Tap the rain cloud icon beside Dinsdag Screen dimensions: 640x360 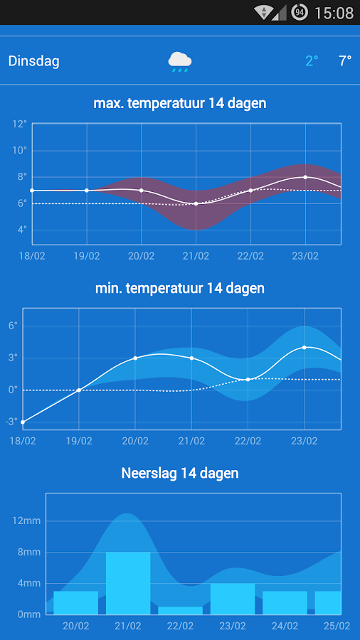pyautogui.click(x=179, y=62)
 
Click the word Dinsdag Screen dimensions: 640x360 pyautogui.click(x=33, y=61)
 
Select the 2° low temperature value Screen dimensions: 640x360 pyautogui.click(x=312, y=61)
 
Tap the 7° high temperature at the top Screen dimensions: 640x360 pyautogui.click(x=345, y=61)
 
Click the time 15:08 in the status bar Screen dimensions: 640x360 pyautogui.click(x=333, y=12)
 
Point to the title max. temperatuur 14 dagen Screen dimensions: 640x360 pyautogui.click(x=180, y=103)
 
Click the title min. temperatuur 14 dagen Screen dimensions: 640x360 pyautogui.click(x=180, y=288)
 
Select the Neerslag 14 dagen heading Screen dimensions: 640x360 pyautogui.click(x=180, y=473)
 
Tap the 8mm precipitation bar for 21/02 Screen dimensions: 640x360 pyautogui.click(x=128, y=583)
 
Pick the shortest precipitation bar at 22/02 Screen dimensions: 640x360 pyautogui.click(x=180, y=610)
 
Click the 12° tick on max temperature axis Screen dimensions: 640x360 pyautogui.click(x=19, y=124)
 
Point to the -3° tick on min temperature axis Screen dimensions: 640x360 pyautogui.click(x=11, y=422)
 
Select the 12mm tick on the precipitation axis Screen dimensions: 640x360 pyautogui.click(x=26, y=521)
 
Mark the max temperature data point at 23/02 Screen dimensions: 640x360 pyautogui.click(x=305, y=177)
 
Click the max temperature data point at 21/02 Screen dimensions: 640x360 pyautogui.click(x=196, y=203)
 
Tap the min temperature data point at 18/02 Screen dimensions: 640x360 pyautogui.click(x=23, y=422)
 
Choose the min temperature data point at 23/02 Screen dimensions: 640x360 pyautogui.click(x=304, y=347)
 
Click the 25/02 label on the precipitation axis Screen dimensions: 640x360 pyautogui.click(x=337, y=626)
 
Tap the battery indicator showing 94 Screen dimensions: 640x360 pyautogui.click(x=300, y=12)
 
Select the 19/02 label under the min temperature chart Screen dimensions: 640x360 pyautogui.click(x=79, y=441)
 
